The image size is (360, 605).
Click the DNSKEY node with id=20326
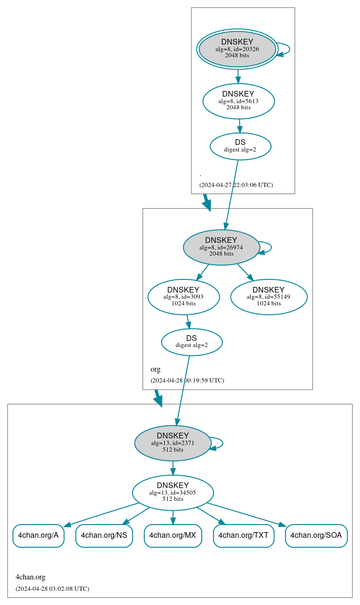[237, 49]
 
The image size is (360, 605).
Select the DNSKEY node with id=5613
[238, 101]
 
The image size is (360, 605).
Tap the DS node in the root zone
[240, 146]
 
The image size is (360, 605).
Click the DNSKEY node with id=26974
[221, 247]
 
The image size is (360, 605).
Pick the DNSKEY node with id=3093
[183, 297]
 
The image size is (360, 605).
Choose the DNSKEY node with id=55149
[269, 297]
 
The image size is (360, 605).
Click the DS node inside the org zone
[191, 342]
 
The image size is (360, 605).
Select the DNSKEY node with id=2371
[173, 443]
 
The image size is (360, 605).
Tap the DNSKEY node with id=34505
[173, 492]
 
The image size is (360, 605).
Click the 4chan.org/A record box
[38, 535]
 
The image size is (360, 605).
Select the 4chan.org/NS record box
[104, 535]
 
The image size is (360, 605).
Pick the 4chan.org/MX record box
[173, 535]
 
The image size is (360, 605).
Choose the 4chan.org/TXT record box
[243, 535]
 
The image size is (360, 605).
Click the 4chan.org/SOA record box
[316, 535]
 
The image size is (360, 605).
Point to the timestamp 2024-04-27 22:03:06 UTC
[236, 185]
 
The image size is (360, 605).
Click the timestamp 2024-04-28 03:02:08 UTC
[52, 588]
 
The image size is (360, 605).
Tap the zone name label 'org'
[155, 369]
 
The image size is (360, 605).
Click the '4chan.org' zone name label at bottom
[30, 577]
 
